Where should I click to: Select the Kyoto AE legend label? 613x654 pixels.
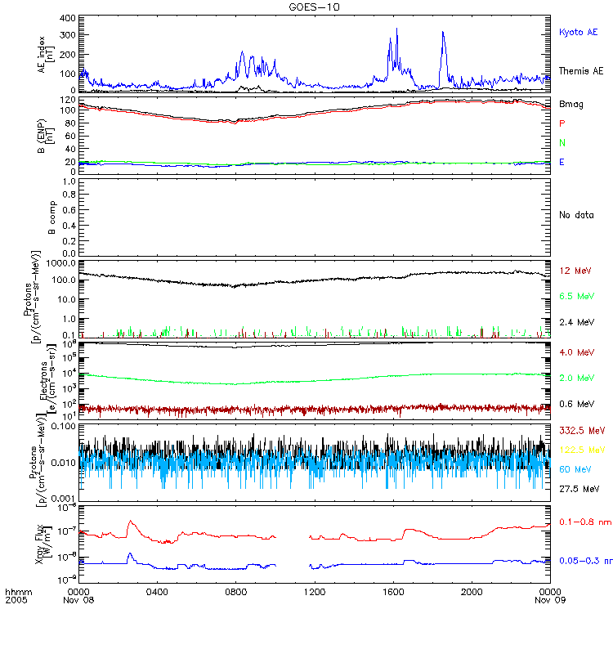(x=578, y=32)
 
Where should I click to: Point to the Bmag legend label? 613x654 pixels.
(x=570, y=104)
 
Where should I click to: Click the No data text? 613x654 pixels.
(x=575, y=215)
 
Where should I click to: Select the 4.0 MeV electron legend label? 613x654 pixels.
(x=575, y=352)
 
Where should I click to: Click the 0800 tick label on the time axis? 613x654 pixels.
(x=235, y=591)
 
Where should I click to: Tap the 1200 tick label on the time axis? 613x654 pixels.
(x=314, y=591)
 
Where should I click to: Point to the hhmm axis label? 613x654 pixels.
(x=16, y=591)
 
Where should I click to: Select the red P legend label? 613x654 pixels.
(x=562, y=123)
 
